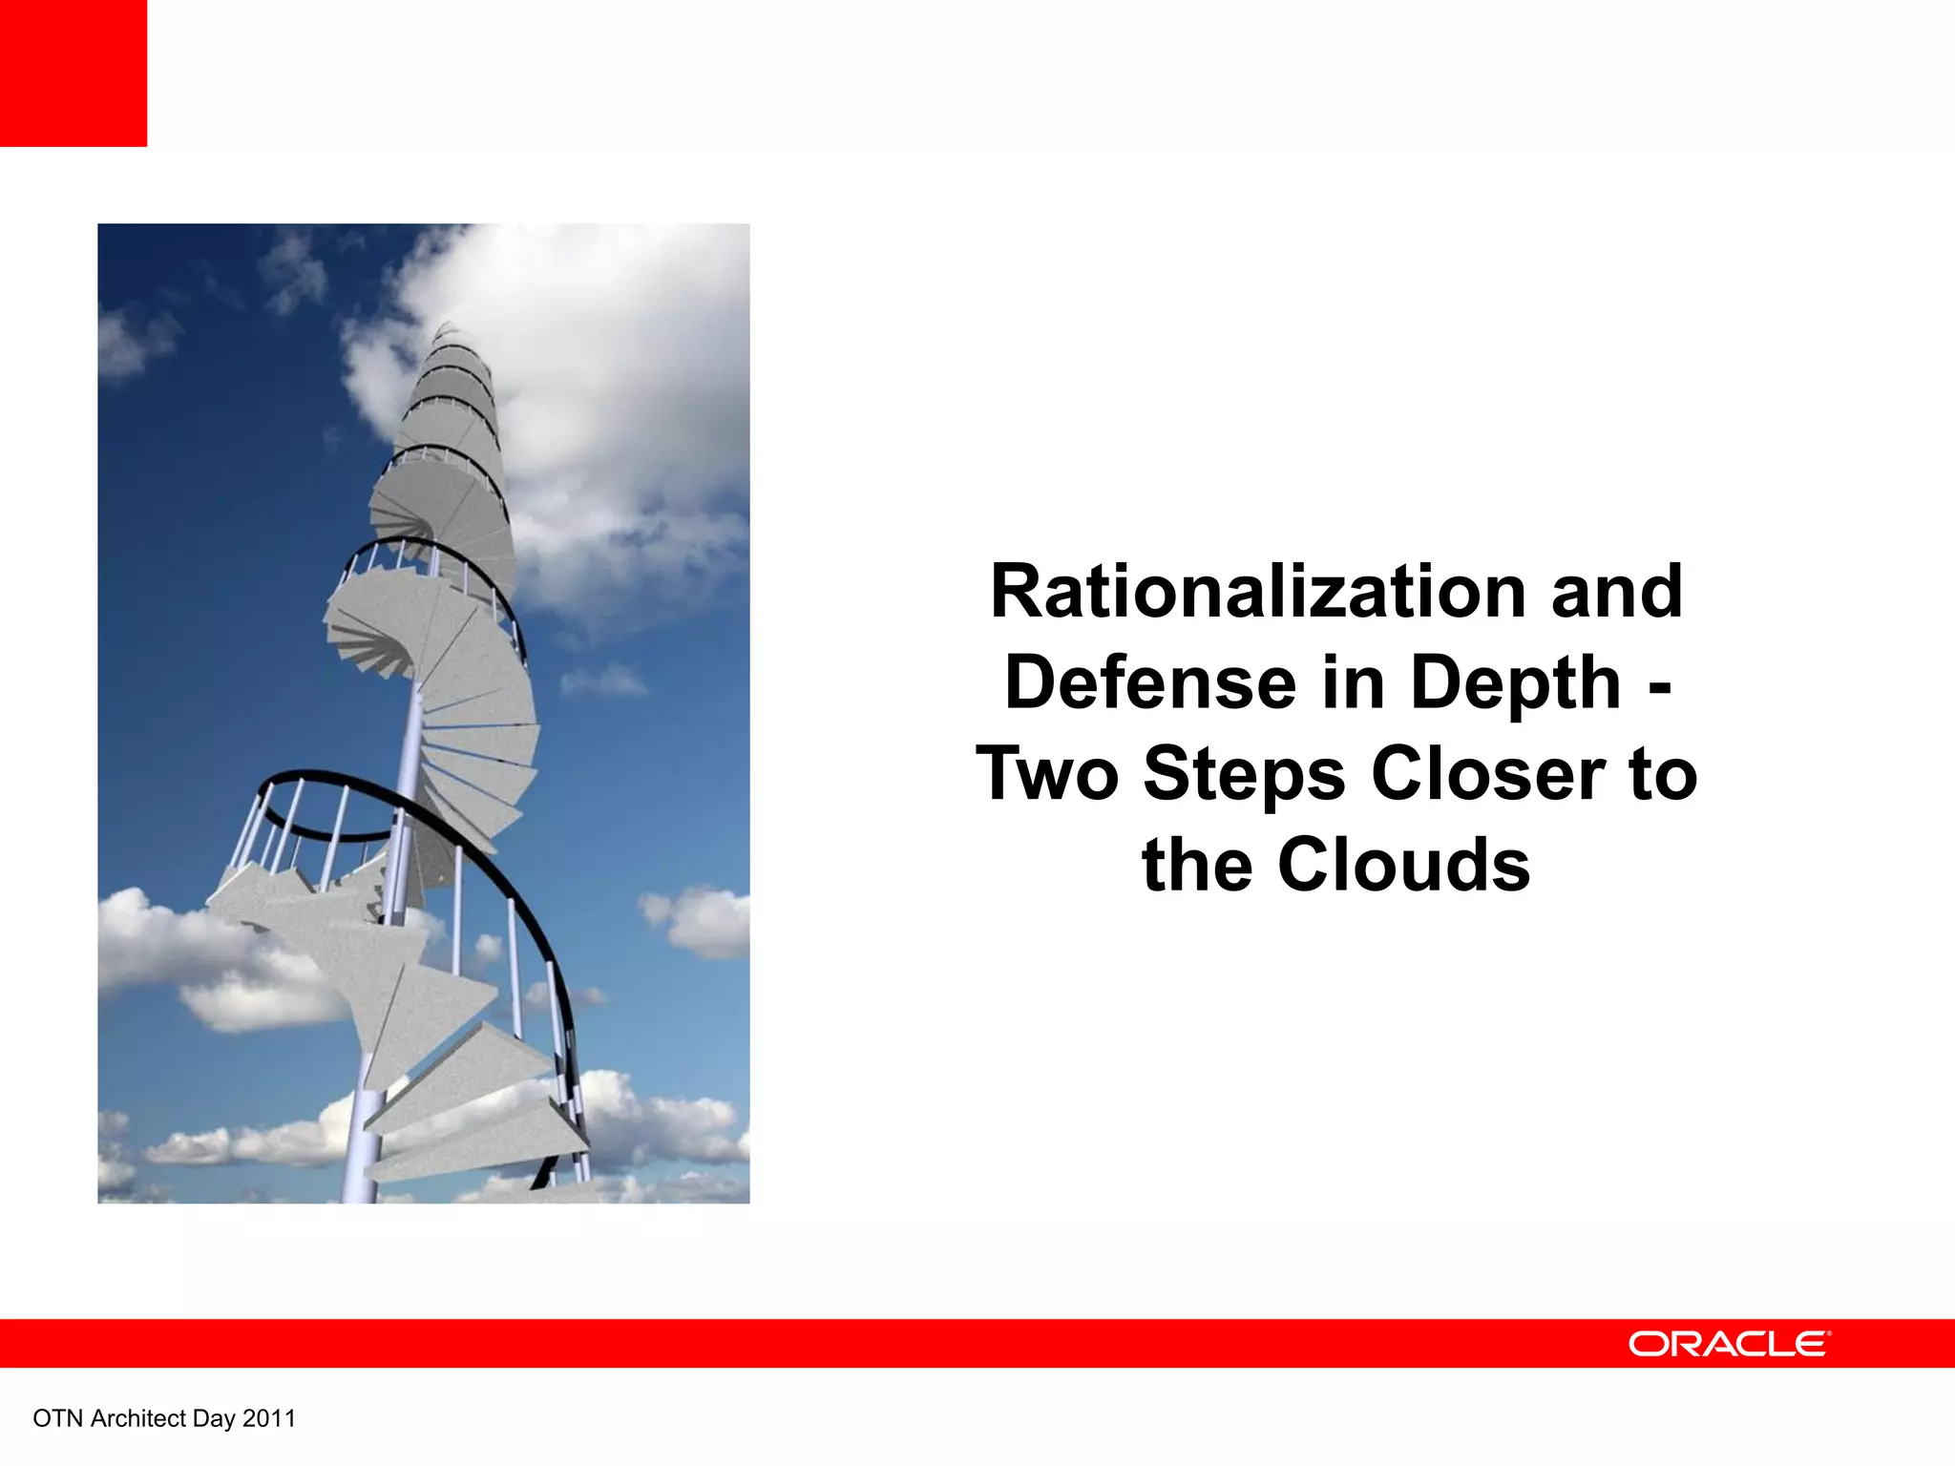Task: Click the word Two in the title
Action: [1048, 775]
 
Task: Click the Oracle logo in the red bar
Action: [1729, 1344]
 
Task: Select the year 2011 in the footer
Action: [269, 1419]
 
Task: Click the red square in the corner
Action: [73, 73]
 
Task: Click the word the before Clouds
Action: [1197, 865]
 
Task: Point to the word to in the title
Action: [1663, 775]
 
